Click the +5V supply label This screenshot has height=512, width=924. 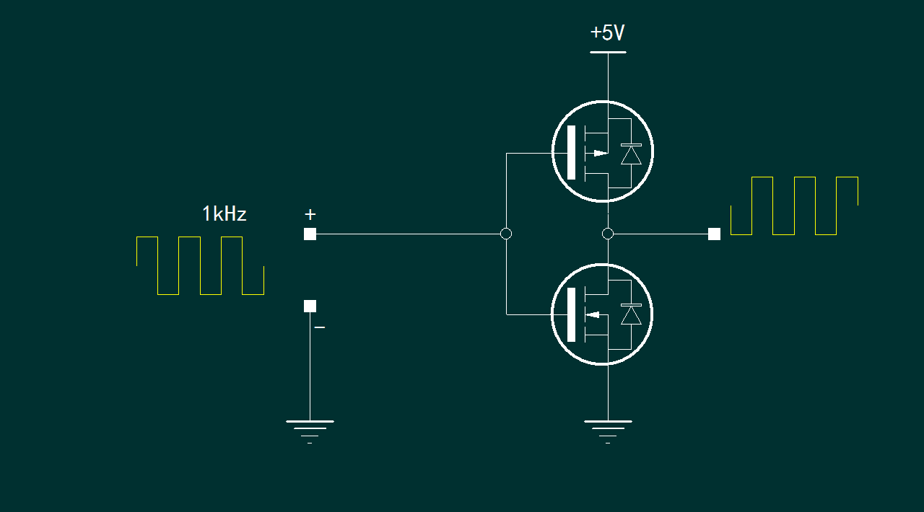[x=607, y=33]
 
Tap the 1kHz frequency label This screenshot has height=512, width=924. [x=225, y=214]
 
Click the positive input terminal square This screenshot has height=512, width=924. [x=310, y=234]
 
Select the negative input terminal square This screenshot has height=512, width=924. [x=310, y=306]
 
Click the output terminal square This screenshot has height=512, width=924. [x=714, y=234]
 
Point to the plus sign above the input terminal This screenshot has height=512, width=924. [x=310, y=214]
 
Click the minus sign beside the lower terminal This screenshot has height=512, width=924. [x=320, y=327]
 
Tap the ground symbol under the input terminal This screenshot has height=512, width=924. [x=310, y=428]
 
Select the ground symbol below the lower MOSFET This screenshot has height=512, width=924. [x=608, y=428]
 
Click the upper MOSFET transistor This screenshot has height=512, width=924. [x=603, y=151]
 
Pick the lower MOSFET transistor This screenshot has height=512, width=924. [x=602, y=314]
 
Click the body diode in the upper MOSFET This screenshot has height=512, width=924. [x=631, y=154]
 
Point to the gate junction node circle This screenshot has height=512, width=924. [x=506, y=234]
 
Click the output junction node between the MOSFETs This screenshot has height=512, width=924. [x=608, y=234]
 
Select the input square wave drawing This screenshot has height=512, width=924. [x=200, y=265]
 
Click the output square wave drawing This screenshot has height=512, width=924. [x=794, y=206]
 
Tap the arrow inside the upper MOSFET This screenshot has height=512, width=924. [x=599, y=153]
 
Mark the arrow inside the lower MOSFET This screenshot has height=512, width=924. [x=593, y=314]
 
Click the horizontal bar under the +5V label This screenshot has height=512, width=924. [x=608, y=53]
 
